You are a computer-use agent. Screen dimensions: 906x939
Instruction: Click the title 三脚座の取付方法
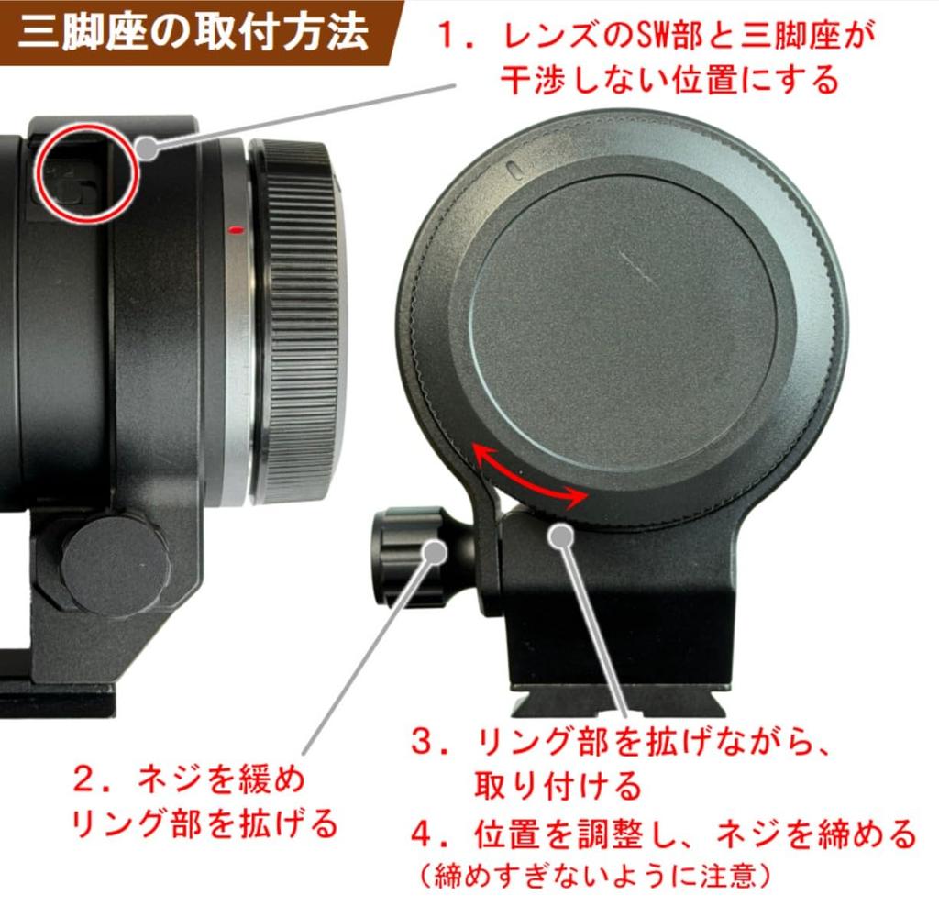[x=193, y=34]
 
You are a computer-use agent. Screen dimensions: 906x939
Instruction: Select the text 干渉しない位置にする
[x=669, y=81]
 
